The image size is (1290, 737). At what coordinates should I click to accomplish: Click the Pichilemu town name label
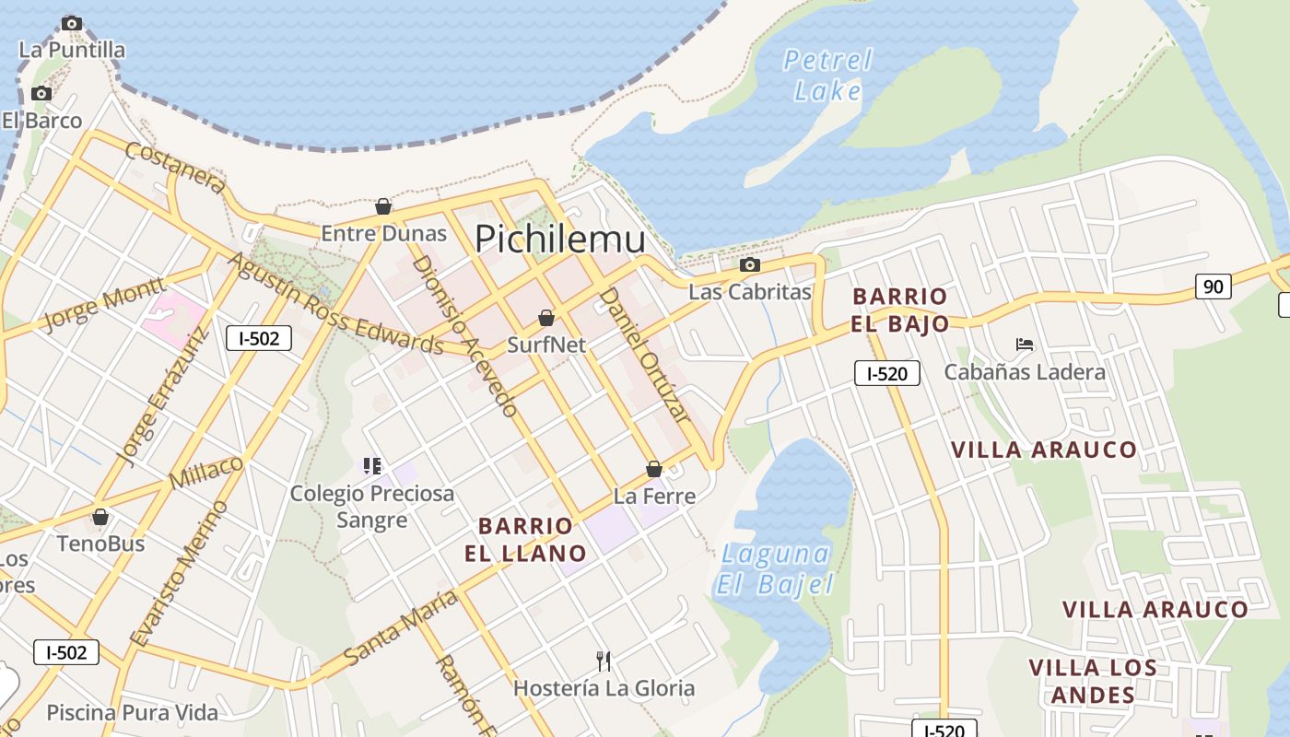(559, 240)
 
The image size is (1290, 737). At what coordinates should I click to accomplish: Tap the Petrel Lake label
(827, 76)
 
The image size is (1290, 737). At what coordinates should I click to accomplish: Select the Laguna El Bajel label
(775, 568)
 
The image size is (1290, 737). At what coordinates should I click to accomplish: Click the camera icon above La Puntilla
(72, 23)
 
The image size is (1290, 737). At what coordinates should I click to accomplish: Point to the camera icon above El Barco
(41, 93)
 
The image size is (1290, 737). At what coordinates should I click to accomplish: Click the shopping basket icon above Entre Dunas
(383, 206)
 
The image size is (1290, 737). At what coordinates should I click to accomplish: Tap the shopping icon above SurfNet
(546, 318)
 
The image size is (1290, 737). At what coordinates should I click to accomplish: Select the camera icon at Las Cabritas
(750, 265)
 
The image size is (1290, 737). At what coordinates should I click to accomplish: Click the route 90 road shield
(1214, 287)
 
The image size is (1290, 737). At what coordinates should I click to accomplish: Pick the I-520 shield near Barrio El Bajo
(886, 373)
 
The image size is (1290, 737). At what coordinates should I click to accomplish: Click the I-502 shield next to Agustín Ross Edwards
(259, 338)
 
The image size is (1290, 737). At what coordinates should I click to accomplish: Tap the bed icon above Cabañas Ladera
(1025, 345)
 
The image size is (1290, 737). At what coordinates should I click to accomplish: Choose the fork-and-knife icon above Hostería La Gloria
(604, 661)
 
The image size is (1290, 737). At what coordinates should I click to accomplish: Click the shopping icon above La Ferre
(654, 469)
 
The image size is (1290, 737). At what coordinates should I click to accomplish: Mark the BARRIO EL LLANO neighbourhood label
(532, 540)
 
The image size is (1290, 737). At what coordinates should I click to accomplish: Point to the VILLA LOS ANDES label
(1093, 681)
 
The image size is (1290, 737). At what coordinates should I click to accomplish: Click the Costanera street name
(174, 168)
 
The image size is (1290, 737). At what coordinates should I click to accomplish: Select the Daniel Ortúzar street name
(645, 355)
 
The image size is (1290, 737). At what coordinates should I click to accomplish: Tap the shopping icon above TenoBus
(100, 517)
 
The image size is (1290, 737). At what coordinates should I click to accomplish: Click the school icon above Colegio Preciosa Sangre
(371, 465)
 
